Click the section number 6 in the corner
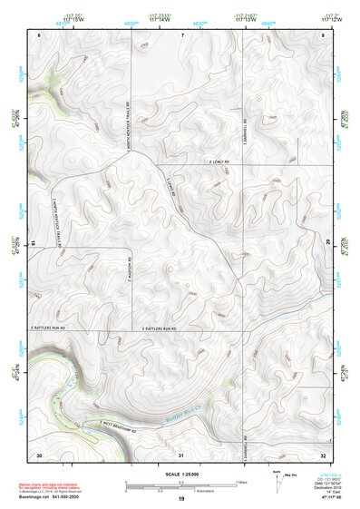pos(41,34)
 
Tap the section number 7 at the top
pos(181,34)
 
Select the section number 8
pos(324,34)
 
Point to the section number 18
pos(33,242)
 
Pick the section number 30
pos(39,453)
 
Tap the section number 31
pos(181,453)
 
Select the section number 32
pos(324,453)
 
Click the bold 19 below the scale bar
pos(181,499)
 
